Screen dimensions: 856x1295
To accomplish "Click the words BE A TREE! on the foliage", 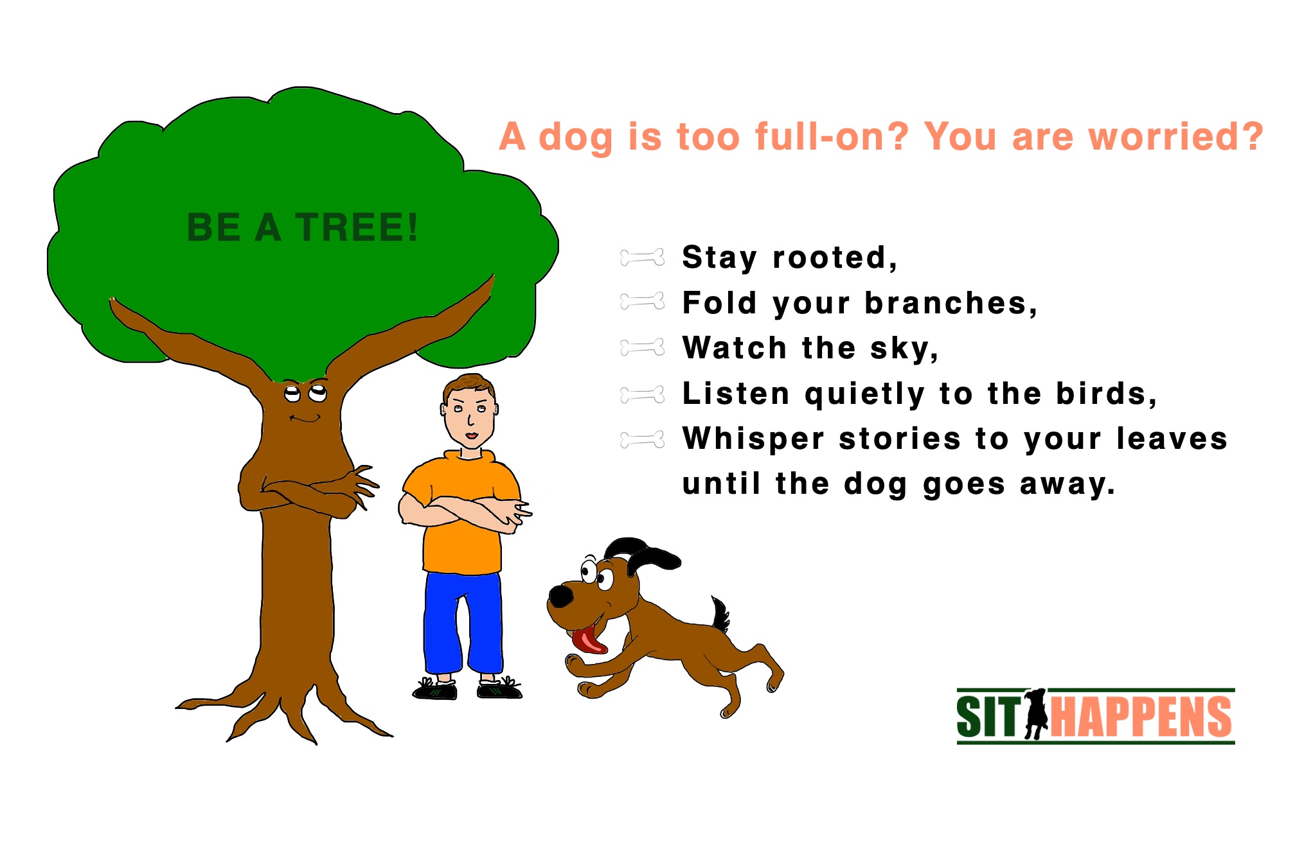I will click(x=302, y=227).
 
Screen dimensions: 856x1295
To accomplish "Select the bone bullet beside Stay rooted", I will click(x=642, y=258).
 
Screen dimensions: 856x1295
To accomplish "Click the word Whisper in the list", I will click(x=753, y=439).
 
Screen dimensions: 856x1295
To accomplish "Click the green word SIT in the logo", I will click(x=988, y=717).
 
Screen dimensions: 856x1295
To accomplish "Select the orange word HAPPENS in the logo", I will click(x=1141, y=717).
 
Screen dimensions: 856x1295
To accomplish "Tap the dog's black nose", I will click(x=562, y=595).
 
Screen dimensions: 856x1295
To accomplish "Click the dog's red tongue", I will click(x=588, y=641).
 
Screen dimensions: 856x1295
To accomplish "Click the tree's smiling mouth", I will click(x=305, y=419).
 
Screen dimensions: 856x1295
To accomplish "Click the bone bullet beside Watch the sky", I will click(x=642, y=348).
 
